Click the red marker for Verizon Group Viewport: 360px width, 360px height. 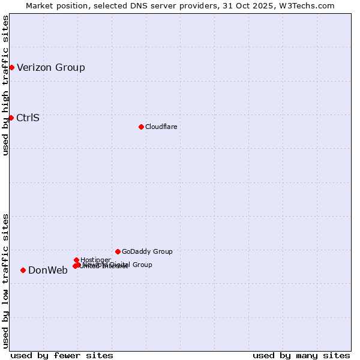coord(11,67)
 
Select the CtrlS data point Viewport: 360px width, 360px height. coord(11,118)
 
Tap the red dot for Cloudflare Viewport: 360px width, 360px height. coord(141,127)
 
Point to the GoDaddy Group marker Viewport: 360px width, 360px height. coord(118,251)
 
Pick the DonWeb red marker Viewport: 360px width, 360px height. coord(23,270)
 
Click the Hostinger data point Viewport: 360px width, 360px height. coord(76,260)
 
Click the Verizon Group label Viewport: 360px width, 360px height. coord(51,67)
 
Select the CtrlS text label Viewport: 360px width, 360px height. coord(28,118)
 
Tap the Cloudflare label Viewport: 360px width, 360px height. coord(161,127)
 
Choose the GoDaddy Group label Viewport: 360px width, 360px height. coord(147,251)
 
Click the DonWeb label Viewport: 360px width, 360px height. coord(48,270)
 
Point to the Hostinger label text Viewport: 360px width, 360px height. coord(95,260)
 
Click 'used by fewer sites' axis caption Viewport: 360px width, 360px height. coord(62,355)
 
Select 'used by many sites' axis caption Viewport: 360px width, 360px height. coord(301,355)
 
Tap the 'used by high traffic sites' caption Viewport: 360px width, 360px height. coord(5,85)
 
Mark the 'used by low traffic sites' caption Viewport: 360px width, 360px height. coord(5,281)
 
